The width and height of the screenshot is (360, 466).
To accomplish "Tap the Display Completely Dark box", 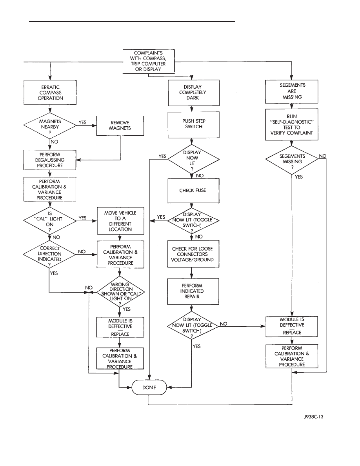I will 192,93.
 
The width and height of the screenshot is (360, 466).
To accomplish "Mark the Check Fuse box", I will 192,191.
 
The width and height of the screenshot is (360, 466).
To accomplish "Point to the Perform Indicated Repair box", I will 192,292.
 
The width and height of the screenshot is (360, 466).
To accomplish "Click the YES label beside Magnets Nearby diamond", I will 83,122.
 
